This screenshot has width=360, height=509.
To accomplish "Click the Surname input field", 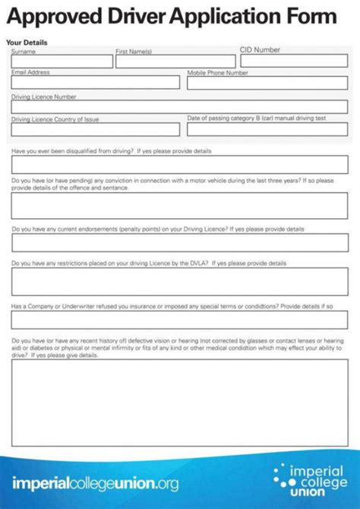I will click(62, 62).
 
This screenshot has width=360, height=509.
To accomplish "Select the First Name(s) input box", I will click(175, 62).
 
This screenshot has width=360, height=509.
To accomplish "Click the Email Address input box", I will click(95, 82).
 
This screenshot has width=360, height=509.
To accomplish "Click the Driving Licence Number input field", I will click(179, 106).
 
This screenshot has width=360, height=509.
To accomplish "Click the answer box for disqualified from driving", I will click(179, 165).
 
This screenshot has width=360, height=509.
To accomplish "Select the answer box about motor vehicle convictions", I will click(179, 205).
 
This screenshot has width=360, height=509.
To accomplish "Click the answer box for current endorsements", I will click(179, 242).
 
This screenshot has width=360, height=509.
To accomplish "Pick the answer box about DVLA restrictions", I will click(179, 281).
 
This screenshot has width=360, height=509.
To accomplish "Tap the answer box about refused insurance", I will click(179, 320).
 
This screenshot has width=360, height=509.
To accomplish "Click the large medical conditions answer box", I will click(179, 402).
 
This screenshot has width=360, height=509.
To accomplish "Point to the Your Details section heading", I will click(23, 43).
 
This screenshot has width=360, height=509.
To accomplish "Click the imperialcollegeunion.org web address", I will click(96, 482).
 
